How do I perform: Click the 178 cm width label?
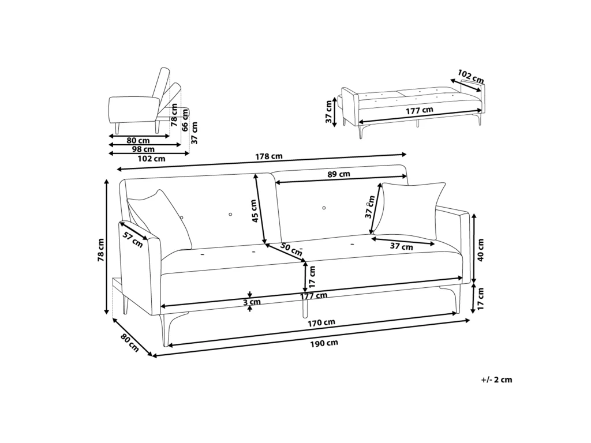pos(268,156)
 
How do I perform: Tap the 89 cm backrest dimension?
pos(338,174)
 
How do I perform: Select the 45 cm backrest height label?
pos(255,211)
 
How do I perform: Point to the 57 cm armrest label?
pos(133,239)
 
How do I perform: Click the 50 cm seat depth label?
pos(291,249)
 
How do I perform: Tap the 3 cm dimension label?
pos(252,302)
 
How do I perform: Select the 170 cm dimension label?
pos(321,322)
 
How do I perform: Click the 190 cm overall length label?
pos(324,343)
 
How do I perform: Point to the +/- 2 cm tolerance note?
pos(496,380)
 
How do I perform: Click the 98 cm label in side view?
pos(143,149)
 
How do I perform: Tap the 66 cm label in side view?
pos(185,121)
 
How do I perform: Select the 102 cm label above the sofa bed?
pos(470,77)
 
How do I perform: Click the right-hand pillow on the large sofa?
pos(411,210)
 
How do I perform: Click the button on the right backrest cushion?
pos(324,208)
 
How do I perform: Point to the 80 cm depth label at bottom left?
pos(130,343)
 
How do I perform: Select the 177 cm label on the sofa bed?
pos(419,111)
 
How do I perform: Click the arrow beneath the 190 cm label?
pos(311,338)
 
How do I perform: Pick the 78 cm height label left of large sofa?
pos(100,250)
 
